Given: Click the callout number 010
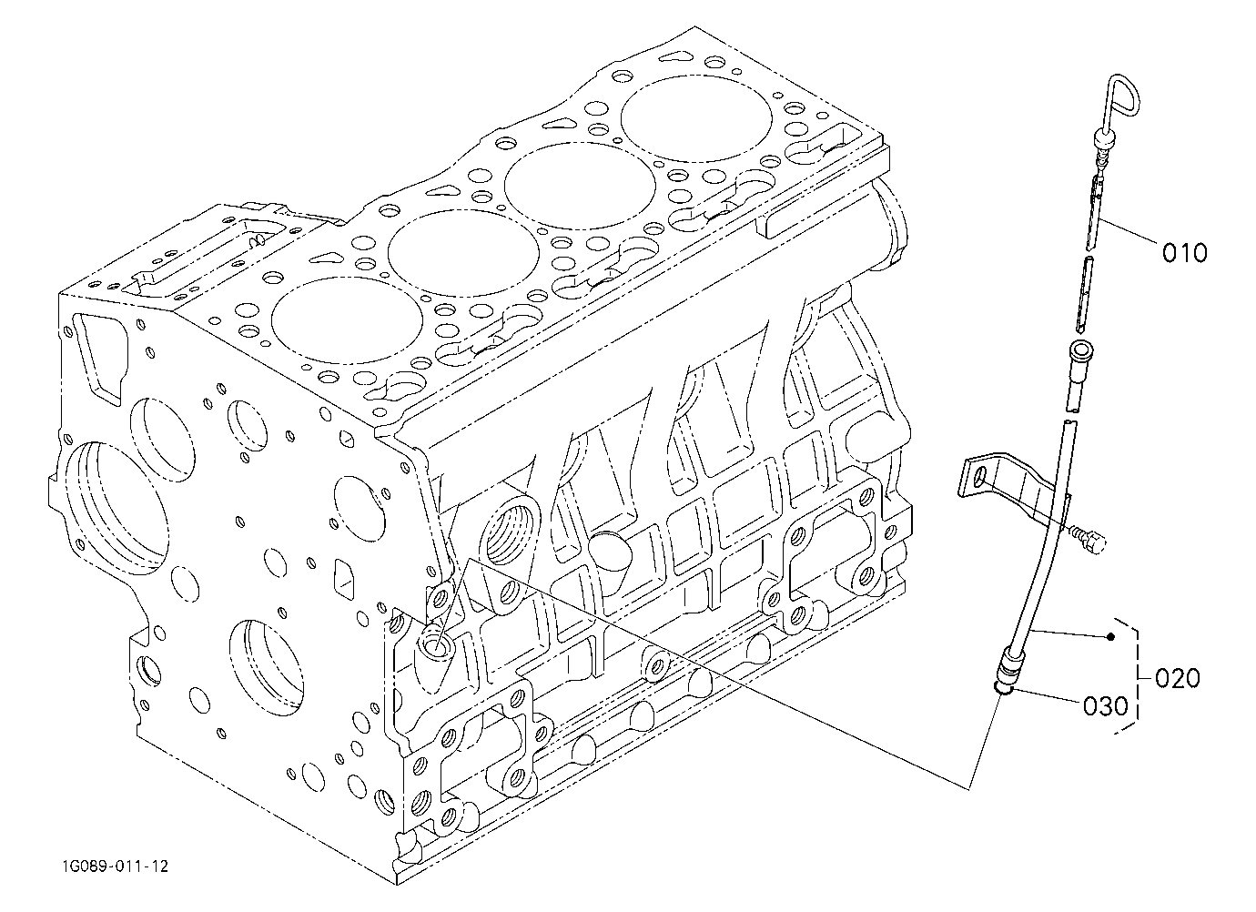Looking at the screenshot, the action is pyautogui.click(x=1184, y=253).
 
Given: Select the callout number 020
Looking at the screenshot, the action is pyautogui.click(x=1178, y=678).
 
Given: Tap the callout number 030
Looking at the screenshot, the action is pyautogui.click(x=1105, y=706).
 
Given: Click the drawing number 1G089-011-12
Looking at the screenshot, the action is pyautogui.click(x=115, y=866).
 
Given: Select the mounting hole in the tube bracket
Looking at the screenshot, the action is pyautogui.click(x=979, y=477).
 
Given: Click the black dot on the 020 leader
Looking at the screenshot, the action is pyautogui.click(x=1110, y=636).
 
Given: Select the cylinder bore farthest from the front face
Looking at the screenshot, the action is pyautogui.click(x=696, y=119).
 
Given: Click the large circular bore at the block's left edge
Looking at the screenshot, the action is pyautogui.click(x=116, y=510).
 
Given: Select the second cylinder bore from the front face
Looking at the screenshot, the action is pyautogui.click(x=463, y=252).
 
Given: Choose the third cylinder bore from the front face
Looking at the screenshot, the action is pyautogui.click(x=580, y=186).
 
